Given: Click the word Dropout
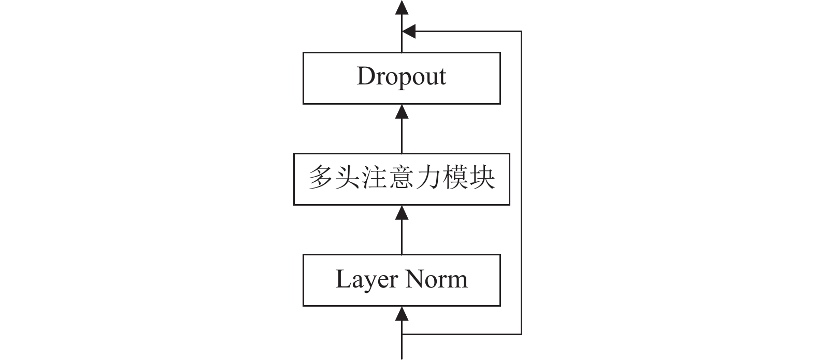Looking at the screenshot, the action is (x=402, y=77).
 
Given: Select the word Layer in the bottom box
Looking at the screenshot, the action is (x=366, y=280).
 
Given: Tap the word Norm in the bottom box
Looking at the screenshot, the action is (x=437, y=279).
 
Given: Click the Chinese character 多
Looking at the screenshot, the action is (x=321, y=178).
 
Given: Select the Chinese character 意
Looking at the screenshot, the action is (x=402, y=178).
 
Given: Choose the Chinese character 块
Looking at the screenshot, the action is (x=482, y=178).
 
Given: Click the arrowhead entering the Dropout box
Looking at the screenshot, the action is (x=402, y=111).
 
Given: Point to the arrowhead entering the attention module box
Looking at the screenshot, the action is (x=402, y=212).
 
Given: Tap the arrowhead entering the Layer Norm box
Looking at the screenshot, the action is (x=402, y=313).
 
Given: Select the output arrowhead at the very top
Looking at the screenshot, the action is (x=402, y=7).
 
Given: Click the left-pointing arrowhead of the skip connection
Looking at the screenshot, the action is (x=409, y=31).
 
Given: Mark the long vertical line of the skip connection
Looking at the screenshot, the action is (x=521, y=182).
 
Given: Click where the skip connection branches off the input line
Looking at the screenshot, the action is (x=402, y=334).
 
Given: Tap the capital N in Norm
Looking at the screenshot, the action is (x=416, y=279).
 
